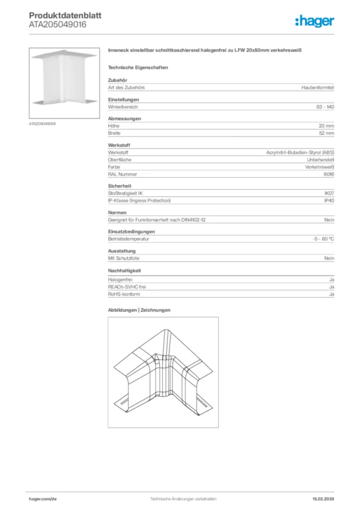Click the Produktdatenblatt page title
coord(65,15)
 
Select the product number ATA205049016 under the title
coord(58,24)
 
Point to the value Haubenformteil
coord(318,87)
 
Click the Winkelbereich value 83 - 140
coord(325,107)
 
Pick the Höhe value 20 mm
coord(326,126)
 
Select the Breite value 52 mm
coord(326,133)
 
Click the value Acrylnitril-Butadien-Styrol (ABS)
coord(300,153)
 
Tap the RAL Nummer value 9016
coord(329,174)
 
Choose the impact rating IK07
coord(329,193)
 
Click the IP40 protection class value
coord(329,200)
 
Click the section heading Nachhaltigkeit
coord(124,271)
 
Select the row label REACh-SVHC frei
coord(127,287)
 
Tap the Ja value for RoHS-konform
coord(331,294)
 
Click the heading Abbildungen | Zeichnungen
coord(139,310)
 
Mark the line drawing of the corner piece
coord(163,372)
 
